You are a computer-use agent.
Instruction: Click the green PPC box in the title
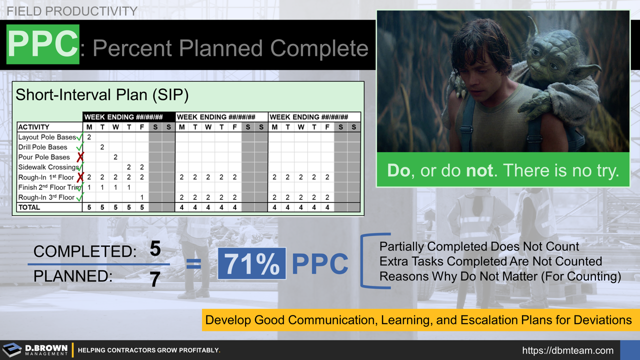click(42, 44)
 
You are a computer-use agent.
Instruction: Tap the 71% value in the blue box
click(251, 263)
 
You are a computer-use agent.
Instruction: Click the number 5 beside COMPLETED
click(155, 248)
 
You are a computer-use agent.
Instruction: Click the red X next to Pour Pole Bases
click(80, 157)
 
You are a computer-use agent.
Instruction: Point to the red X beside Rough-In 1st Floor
click(80, 177)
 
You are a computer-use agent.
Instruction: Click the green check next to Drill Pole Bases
click(79, 147)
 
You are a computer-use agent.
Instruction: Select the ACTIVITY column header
click(34, 127)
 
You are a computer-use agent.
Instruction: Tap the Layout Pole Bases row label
click(46, 137)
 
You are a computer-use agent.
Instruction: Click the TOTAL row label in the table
click(29, 207)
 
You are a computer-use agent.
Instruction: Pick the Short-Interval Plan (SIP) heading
click(102, 95)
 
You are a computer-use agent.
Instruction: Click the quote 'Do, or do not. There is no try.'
click(502, 170)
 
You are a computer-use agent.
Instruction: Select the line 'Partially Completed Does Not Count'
click(479, 246)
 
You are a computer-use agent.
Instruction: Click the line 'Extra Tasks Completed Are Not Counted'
click(490, 261)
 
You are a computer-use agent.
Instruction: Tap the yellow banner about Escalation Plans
click(418, 320)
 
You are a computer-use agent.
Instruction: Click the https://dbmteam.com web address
click(567, 350)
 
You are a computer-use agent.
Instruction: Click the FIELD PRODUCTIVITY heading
click(72, 10)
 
